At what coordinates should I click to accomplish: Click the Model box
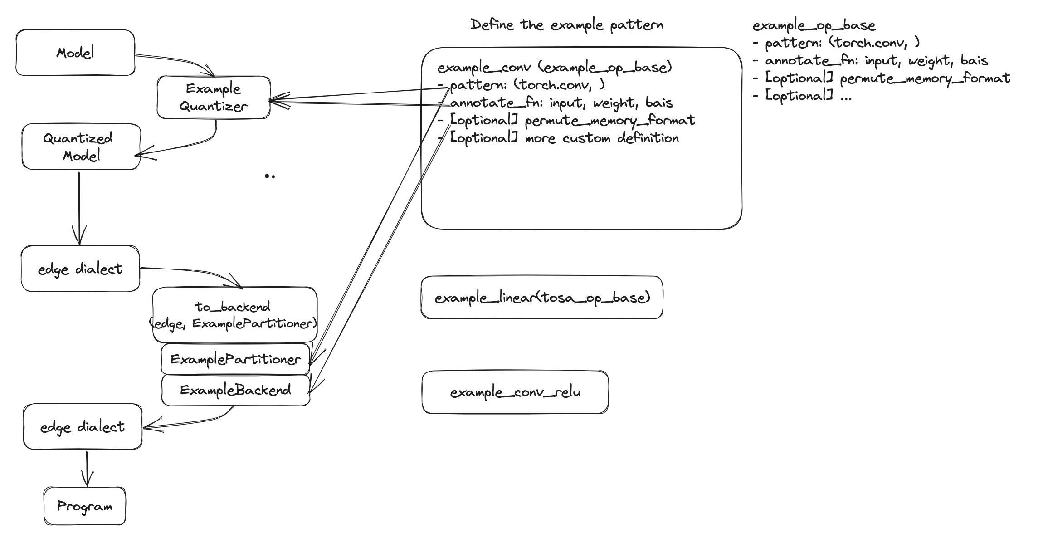(75, 53)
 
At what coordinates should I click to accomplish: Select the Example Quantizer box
(214, 98)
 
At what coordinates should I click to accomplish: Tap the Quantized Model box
(81, 147)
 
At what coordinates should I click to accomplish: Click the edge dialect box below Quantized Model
(80, 269)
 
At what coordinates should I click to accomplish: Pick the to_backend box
(234, 314)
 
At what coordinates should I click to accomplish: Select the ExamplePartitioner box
(235, 359)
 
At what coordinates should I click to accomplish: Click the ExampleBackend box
(235, 390)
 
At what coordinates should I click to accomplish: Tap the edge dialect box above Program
(83, 426)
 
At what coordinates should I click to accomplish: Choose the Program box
(85, 506)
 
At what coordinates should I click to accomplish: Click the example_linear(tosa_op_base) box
(542, 298)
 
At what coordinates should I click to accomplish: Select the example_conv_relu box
(515, 392)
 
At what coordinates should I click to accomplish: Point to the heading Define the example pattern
(567, 25)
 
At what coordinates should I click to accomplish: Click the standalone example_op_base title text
(814, 25)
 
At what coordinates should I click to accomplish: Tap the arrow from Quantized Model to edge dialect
(79, 209)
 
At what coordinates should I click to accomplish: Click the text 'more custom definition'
(602, 138)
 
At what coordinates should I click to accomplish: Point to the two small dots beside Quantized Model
(270, 176)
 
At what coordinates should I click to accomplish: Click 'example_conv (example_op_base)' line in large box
(554, 68)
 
